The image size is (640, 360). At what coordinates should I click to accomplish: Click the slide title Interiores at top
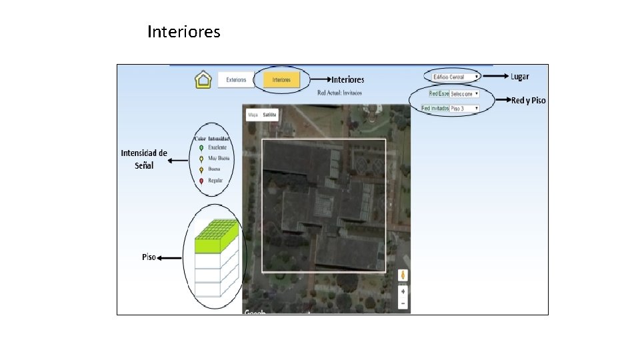coord(183,31)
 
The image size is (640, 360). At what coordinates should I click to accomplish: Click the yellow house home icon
coord(203,80)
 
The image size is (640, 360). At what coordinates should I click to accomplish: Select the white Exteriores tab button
coord(236,80)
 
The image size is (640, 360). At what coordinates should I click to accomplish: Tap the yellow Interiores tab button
coord(281,80)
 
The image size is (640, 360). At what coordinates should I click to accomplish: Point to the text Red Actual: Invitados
coord(339,93)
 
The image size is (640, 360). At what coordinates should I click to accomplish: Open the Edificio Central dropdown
coord(455,77)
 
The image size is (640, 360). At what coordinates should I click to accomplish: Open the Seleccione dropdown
coord(464,94)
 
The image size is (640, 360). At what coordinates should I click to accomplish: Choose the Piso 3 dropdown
coord(464,108)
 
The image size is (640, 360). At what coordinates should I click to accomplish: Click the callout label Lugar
coord(520,76)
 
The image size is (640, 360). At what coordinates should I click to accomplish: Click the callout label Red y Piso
coord(528,100)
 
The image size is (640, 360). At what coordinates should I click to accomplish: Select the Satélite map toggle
coord(270,115)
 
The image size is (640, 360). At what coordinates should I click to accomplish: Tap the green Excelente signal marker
coord(201,147)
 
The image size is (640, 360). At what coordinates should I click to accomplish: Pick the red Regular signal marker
coord(201,181)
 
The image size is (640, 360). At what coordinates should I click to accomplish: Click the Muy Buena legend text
coord(219,159)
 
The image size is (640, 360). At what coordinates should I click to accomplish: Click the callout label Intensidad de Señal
coord(144,159)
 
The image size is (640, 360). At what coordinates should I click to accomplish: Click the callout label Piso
coord(149,257)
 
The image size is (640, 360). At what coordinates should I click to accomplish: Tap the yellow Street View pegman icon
coord(403,275)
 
